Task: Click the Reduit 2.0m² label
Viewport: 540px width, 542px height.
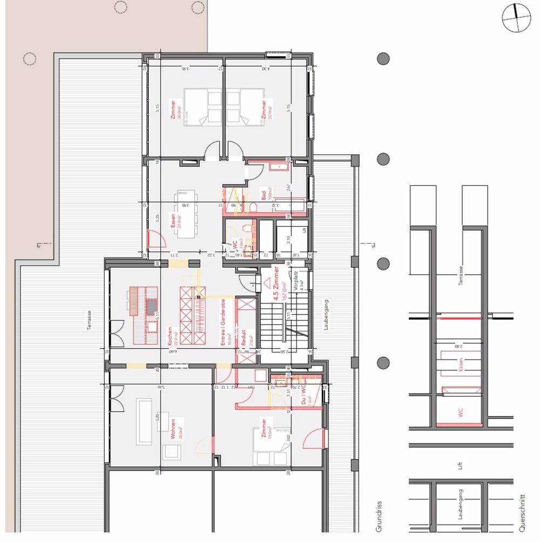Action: pos(246,339)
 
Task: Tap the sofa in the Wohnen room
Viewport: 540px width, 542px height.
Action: pos(144,421)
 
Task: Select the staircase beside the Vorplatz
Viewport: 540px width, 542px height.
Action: pos(276,324)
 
